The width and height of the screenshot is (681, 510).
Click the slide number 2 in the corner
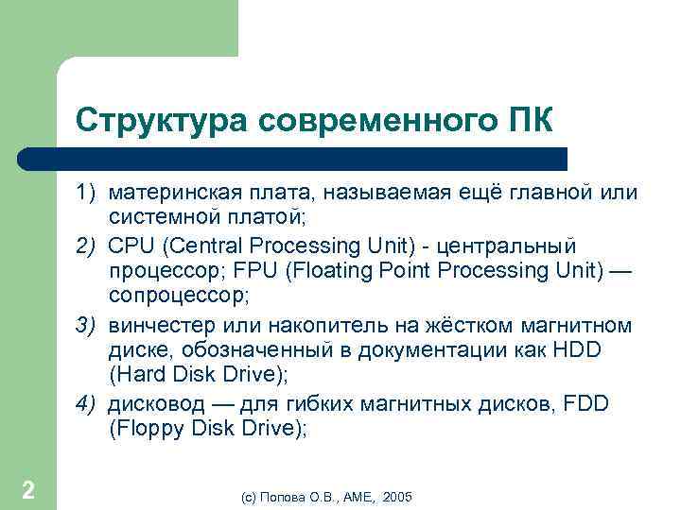tap(28, 490)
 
